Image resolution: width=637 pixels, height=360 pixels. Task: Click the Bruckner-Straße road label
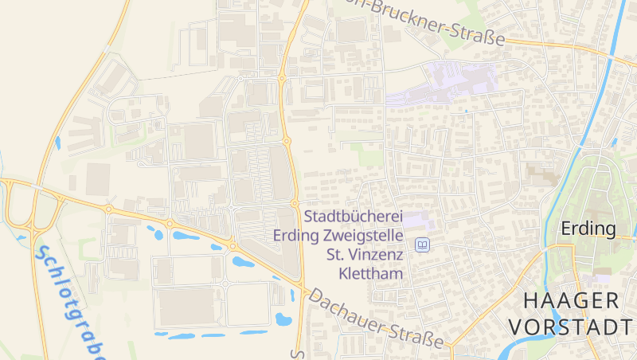coord(434,22)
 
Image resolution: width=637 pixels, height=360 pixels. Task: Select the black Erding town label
coord(588,229)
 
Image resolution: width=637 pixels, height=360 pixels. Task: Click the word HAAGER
coord(571,300)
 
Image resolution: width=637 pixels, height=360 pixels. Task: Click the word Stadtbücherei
coord(355,217)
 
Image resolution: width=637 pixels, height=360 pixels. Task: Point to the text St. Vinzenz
coord(366,255)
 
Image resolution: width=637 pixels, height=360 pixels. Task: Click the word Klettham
coord(371,273)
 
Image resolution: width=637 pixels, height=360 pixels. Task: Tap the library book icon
coord(423,245)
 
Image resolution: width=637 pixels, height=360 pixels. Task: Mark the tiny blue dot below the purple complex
coord(466,112)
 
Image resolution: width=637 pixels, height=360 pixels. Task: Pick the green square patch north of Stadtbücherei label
coord(369,155)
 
